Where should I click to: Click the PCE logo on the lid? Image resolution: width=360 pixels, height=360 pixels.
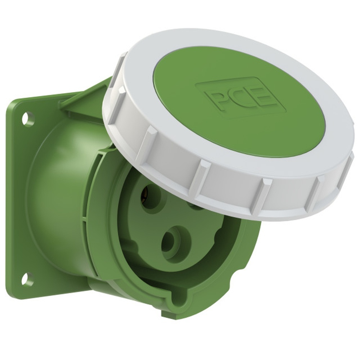coord(240,98)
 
